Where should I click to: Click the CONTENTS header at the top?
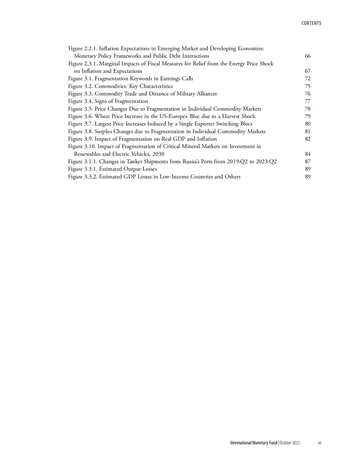coord(311,23)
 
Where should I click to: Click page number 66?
coord(307,56)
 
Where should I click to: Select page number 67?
coord(307,71)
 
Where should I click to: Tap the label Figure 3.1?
coord(80,79)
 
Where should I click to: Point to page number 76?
coord(307,94)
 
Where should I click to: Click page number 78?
coord(307,109)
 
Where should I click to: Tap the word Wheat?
coord(103,116)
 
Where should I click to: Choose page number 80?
coord(307,124)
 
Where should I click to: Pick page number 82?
coord(307,139)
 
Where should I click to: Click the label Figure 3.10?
coord(82,146)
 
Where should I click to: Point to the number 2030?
coord(158,154)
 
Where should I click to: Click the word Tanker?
coord(134,161)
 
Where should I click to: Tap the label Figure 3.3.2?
coord(83,177)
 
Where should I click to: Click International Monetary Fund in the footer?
coord(253,443)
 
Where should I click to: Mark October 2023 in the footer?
coord(289,443)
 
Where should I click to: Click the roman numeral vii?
coord(319,443)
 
